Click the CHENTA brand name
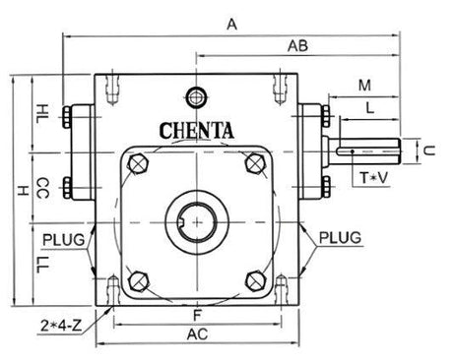pyautogui.click(x=197, y=131)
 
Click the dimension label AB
pyautogui.click(x=297, y=46)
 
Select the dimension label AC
pyautogui.click(x=197, y=334)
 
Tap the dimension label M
pyautogui.click(x=364, y=86)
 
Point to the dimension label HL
pyautogui.click(x=42, y=113)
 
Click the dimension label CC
pyautogui.click(x=42, y=188)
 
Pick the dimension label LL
pyautogui.click(x=42, y=265)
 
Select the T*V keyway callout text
pyautogui.click(x=374, y=178)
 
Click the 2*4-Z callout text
pyautogui.click(x=61, y=326)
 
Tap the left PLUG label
pyautogui.click(x=64, y=240)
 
